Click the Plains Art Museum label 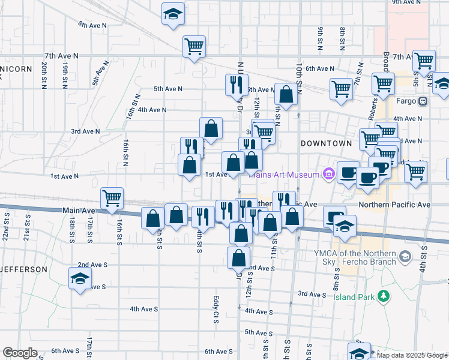point(285,175)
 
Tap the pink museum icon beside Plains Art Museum point(328,175)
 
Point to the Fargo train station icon point(423,101)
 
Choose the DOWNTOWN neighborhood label point(325,143)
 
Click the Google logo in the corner point(20,353)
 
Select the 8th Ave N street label point(92,25)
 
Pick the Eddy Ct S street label point(215,309)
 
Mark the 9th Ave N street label point(406,2)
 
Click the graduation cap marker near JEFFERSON point(80,279)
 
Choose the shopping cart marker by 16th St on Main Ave point(112,198)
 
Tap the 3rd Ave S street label point(312,294)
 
